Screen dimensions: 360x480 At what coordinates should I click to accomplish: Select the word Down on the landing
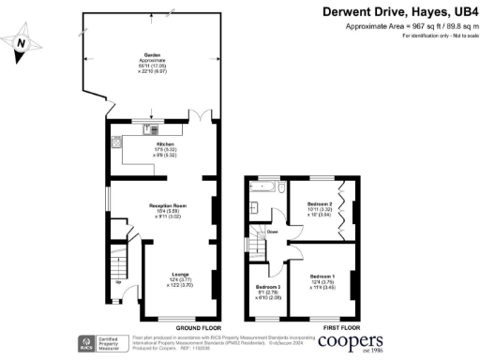point(272,232)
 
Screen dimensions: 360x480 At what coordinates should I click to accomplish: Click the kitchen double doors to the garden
point(200,119)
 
